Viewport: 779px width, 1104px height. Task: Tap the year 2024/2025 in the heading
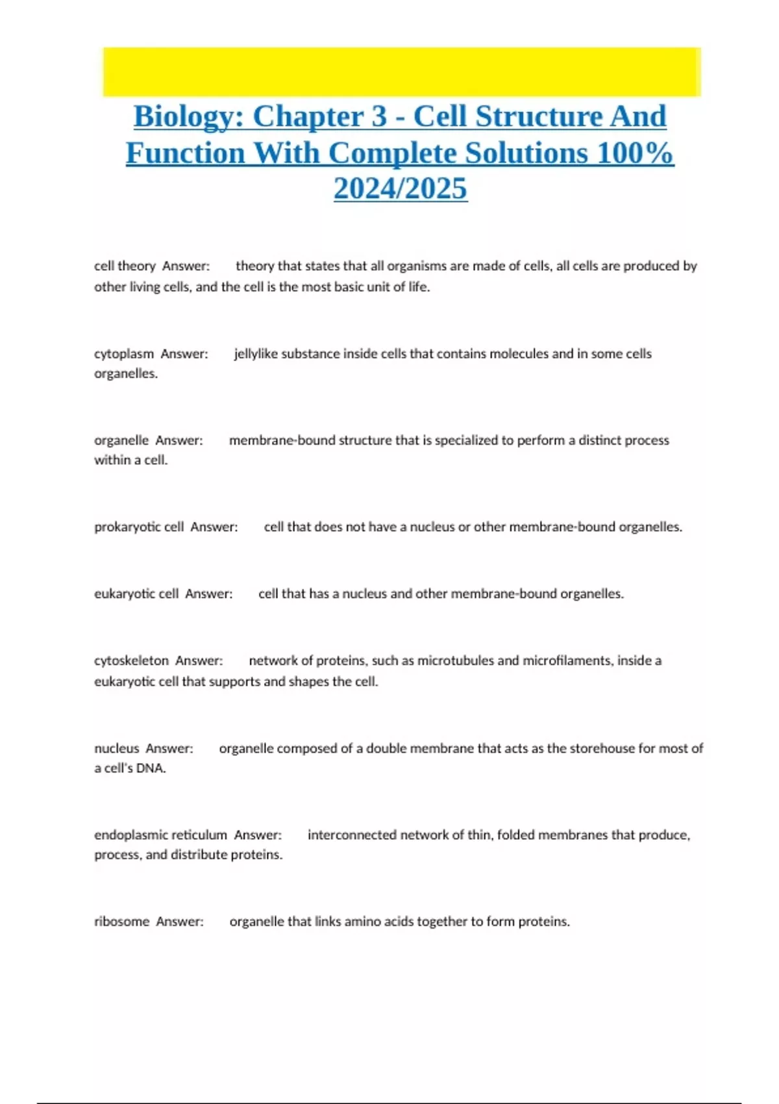(x=400, y=189)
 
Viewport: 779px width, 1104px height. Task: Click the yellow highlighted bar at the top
(x=401, y=71)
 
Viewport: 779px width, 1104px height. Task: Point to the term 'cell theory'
(x=125, y=266)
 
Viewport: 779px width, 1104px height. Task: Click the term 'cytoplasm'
(x=124, y=354)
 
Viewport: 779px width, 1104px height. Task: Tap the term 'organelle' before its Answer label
(x=121, y=440)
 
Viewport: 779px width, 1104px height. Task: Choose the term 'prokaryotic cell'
(x=139, y=527)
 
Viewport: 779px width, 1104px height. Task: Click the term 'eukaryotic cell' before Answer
(x=136, y=594)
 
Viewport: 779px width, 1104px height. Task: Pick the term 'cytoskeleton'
(x=131, y=660)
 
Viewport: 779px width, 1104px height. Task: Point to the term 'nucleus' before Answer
(x=117, y=748)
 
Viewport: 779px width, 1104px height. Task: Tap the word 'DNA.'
(x=151, y=768)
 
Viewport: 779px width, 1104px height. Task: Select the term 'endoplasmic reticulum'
(x=160, y=835)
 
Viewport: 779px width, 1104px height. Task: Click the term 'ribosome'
(x=121, y=922)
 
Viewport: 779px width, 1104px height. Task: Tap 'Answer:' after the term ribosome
(x=180, y=922)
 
